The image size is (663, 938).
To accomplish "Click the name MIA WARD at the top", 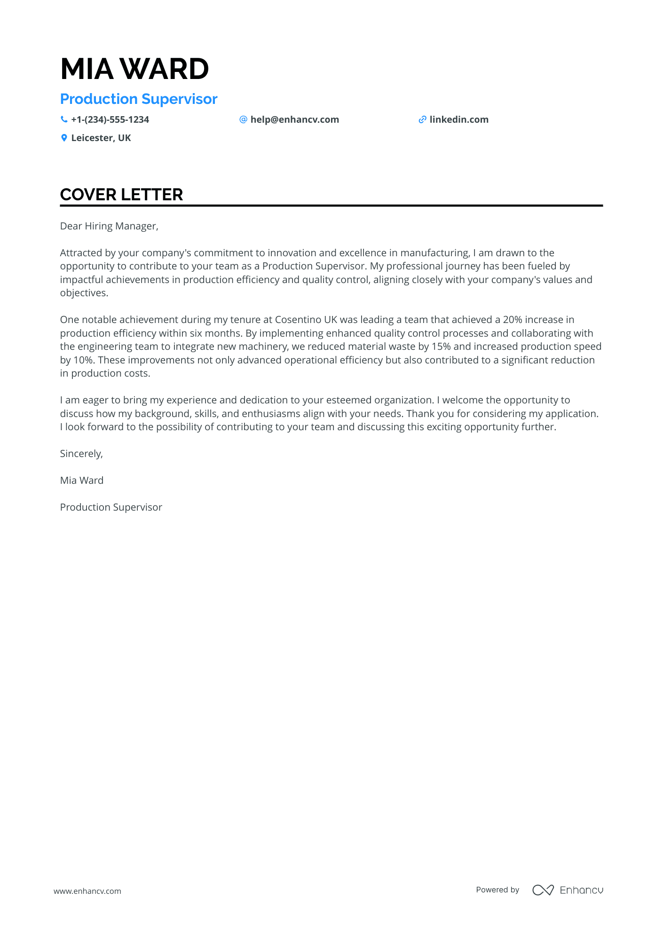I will (134, 69).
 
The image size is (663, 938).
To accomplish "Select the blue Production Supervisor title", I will (139, 99).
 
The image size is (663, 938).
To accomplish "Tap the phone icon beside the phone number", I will (64, 119).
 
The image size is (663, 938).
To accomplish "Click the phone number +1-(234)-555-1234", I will (110, 119).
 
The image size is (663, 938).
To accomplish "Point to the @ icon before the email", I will (243, 119).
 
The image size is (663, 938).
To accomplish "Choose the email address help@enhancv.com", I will (294, 119).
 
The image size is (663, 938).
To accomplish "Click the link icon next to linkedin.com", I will (422, 119).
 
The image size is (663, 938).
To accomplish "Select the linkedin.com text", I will (459, 119).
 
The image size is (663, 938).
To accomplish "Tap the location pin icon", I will (64, 138).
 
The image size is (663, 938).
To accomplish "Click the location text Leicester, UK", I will (101, 138).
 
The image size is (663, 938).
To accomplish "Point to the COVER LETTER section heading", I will (121, 195).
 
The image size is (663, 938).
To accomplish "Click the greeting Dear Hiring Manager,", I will (109, 226).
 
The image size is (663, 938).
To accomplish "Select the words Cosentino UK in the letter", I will (306, 320).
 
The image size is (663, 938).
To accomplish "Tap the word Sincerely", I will (80, 454).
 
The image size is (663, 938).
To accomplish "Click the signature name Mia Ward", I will (82, 481).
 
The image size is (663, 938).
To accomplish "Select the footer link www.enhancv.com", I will (87, 891).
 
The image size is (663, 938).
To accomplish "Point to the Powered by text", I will (497, 890).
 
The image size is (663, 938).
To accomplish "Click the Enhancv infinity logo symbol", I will (543, 890).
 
